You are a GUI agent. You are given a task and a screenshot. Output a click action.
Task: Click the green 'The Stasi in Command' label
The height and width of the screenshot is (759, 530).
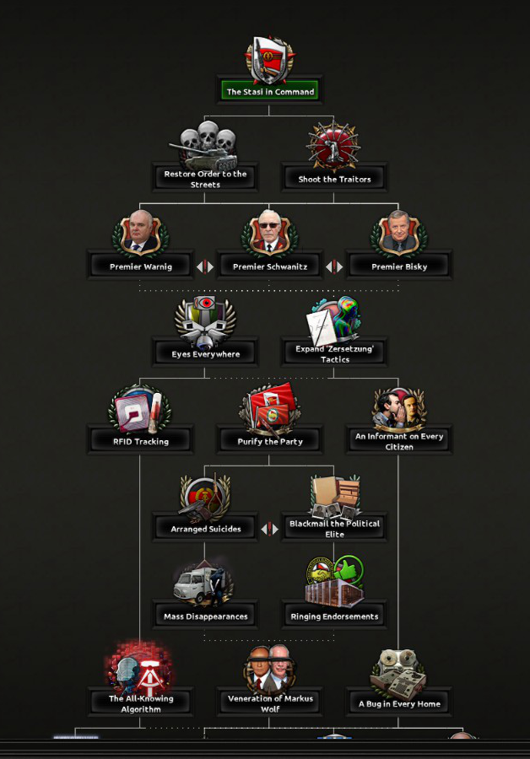[x=270, y=91]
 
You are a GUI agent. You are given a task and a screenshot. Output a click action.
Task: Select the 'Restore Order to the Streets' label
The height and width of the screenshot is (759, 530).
[x=205, y=179]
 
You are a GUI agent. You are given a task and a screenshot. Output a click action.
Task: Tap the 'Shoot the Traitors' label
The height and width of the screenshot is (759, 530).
[x=334, y=179]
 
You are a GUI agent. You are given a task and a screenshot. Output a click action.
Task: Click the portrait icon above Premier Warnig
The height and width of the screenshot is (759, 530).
[x=140, y=234]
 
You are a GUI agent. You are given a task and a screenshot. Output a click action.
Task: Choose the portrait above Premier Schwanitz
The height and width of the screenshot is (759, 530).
[x=270, y=234]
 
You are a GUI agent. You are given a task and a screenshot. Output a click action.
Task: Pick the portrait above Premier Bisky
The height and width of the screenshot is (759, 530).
[x=399, y=234]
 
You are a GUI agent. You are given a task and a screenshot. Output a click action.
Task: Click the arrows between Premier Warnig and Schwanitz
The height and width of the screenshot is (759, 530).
[x=205, y=266]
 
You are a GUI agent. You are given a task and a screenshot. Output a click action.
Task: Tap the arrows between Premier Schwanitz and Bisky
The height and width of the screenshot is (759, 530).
[x=334, y=266]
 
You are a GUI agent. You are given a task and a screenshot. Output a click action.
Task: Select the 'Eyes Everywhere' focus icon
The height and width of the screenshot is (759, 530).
[x=205, y=320]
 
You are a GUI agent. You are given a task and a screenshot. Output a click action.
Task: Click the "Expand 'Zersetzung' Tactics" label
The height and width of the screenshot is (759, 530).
[x=334, y=353]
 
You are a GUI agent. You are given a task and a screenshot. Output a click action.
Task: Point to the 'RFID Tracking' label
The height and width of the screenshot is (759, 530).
[x=140, y=441]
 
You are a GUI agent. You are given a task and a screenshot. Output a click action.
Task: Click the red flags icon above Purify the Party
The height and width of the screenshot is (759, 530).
[x=270, y=409]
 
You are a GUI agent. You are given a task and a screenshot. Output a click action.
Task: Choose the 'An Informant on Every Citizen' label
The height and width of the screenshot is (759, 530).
[x=399, y=441]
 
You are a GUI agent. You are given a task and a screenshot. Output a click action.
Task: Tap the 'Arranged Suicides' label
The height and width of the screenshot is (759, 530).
[x=205, y=529]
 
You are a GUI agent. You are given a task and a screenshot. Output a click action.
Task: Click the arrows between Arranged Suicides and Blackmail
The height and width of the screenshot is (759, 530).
[x=270, y=529]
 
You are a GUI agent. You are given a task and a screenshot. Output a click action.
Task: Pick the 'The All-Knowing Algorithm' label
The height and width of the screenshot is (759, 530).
[x=140, y=703]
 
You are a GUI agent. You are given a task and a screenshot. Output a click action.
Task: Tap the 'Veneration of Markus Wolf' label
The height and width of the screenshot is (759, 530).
[x=270, y=703]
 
